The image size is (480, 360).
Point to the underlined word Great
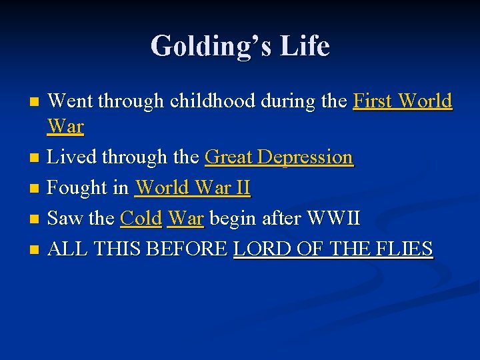(x=229, y=157)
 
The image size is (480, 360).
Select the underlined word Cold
(x=141, y=218)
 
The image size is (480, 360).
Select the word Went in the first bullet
(x=71, y=101)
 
